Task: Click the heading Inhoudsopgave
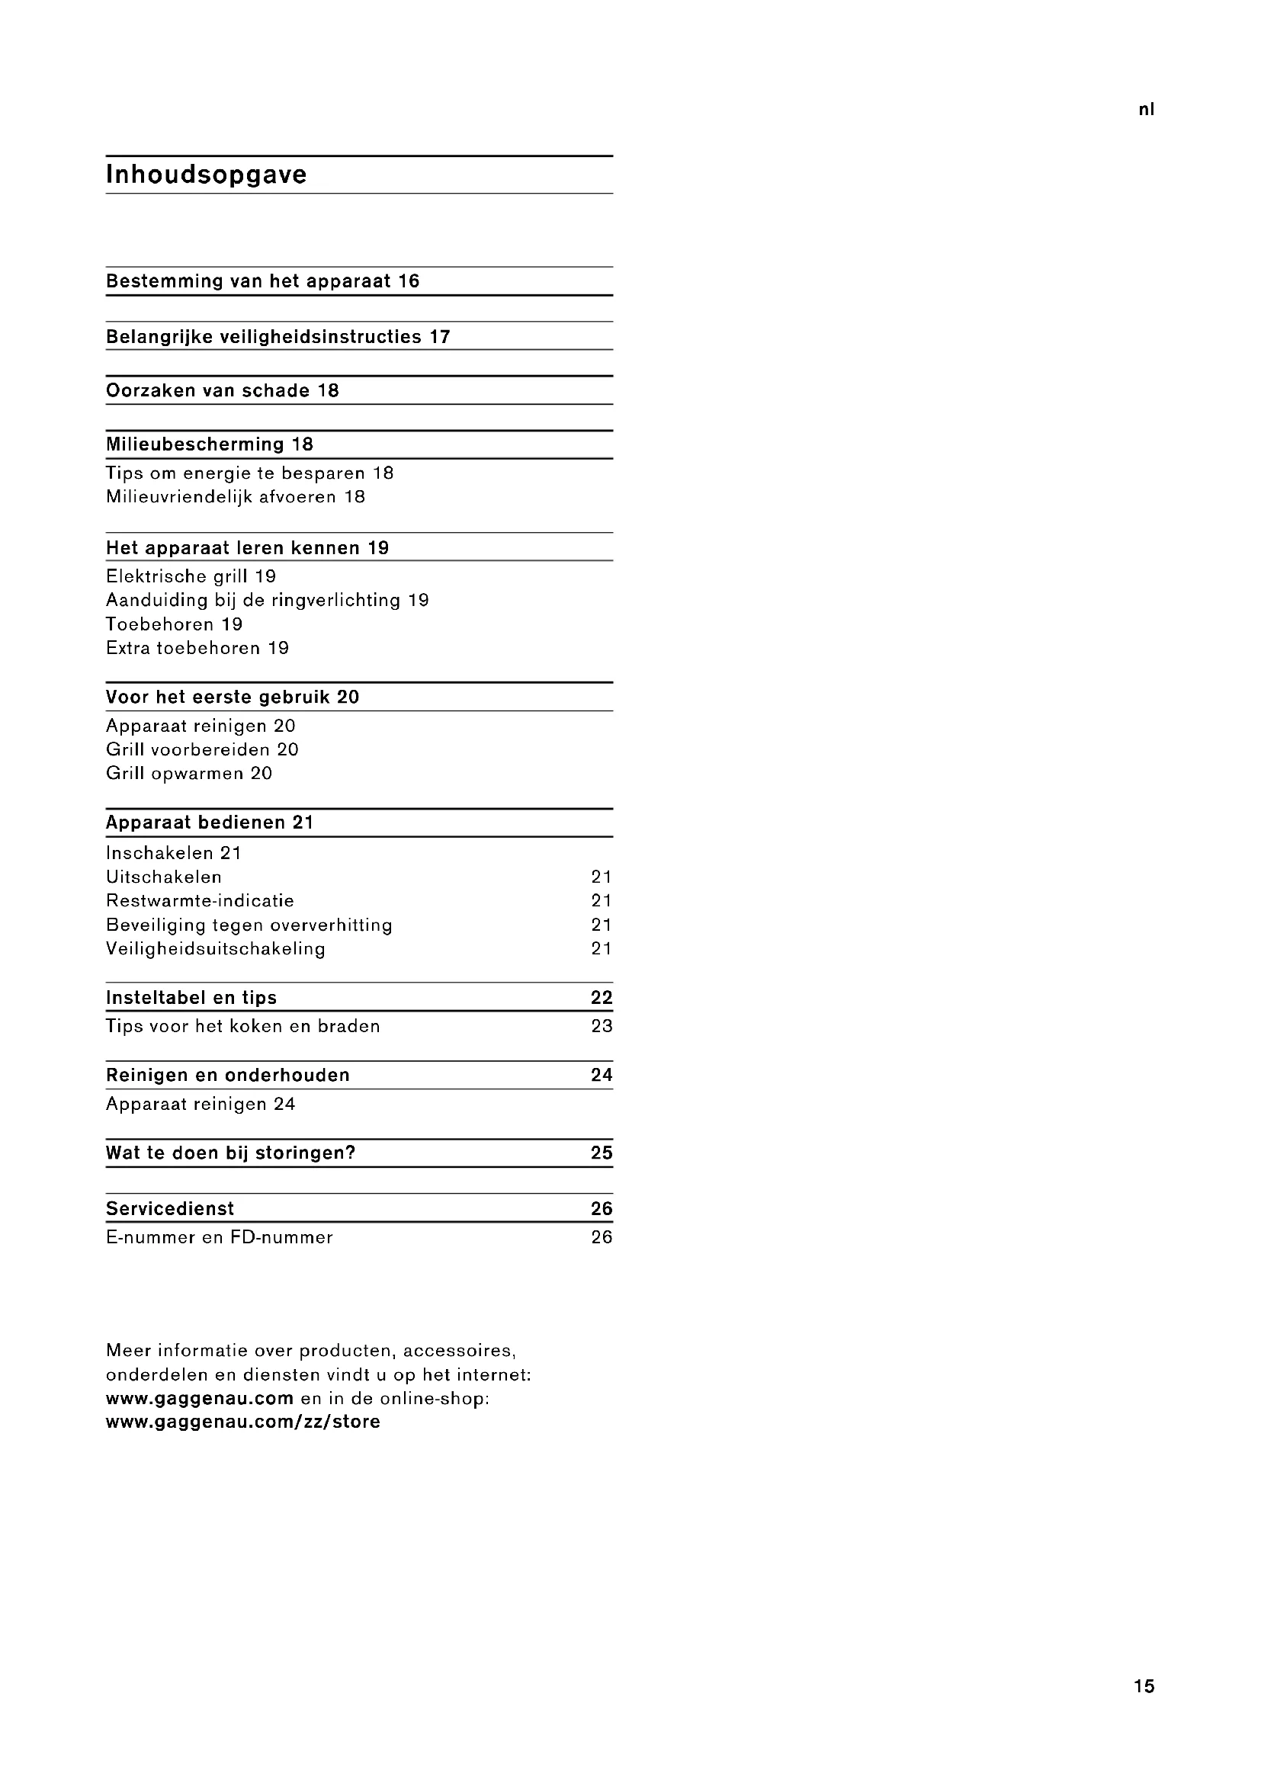pos(206,175)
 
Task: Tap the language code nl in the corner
pos(1146,110)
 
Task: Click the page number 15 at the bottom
pos(1144,1686)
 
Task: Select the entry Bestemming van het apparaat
pos(262,281)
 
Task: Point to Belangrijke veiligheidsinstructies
pos(278,336)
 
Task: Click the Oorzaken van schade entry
pos(222,390)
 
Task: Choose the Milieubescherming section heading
pos(209,444)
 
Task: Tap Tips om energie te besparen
pos(249,473)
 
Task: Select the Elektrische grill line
pos(191,576)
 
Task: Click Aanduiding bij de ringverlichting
pos(266,600)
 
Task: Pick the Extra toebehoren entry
pos(197,648)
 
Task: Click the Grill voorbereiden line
pos(202,749)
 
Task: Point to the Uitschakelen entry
pos(164,877)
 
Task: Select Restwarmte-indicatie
pos(200,901)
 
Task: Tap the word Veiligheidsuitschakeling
pos(215,948)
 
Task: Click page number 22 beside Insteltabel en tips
pos(601,998)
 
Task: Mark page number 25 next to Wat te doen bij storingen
pos(601,1153)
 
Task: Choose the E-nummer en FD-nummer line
pos(219,1237)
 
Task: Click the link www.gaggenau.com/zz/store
pos(243,1422)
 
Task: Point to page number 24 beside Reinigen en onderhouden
pos(601,1075)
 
